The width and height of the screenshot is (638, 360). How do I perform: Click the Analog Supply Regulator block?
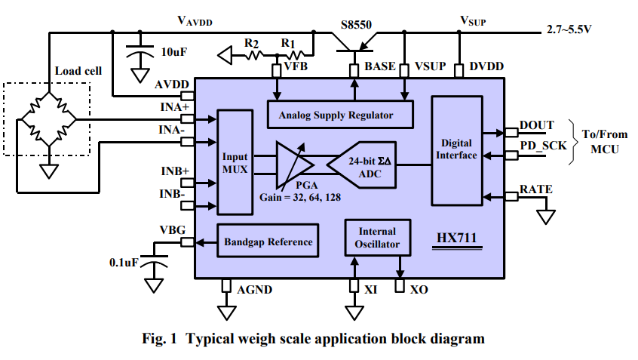(x=340, y=115)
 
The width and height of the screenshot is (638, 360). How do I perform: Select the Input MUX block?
(x=235, y=162)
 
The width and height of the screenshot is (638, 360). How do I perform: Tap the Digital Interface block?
(x=456, y=150)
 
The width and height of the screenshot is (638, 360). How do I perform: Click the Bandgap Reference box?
(x=267, y=241)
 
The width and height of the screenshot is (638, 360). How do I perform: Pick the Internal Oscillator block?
(x=377, y=238)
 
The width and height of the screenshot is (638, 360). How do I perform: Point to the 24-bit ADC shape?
(x=362, y=165)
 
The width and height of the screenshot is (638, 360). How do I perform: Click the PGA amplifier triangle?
(x=295, y=165)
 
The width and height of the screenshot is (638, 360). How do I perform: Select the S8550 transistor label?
(x=356, y=25)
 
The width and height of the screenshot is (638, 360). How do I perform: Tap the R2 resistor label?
(x=251, y=43)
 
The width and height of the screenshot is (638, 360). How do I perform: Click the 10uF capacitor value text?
(x=174, y=52)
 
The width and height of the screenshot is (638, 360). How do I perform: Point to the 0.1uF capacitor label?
(x=124, y=263)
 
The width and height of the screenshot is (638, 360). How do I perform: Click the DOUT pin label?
(x=537, y=125)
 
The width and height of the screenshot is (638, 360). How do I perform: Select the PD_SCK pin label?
(x=543, y=146)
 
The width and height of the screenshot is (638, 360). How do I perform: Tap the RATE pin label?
(x=536, y=189)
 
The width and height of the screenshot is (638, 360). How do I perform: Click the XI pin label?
(x=371, y=290)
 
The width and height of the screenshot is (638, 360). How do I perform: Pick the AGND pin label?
(x=255, y=290)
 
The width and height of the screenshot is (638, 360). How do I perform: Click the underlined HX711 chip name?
(x=456, y=238)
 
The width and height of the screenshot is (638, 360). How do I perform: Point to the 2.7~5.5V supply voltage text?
(x=569, y=29)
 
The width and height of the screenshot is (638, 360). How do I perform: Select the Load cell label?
(x=78, y=71)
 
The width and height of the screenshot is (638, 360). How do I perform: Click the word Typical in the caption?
(x=210, y=339)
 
